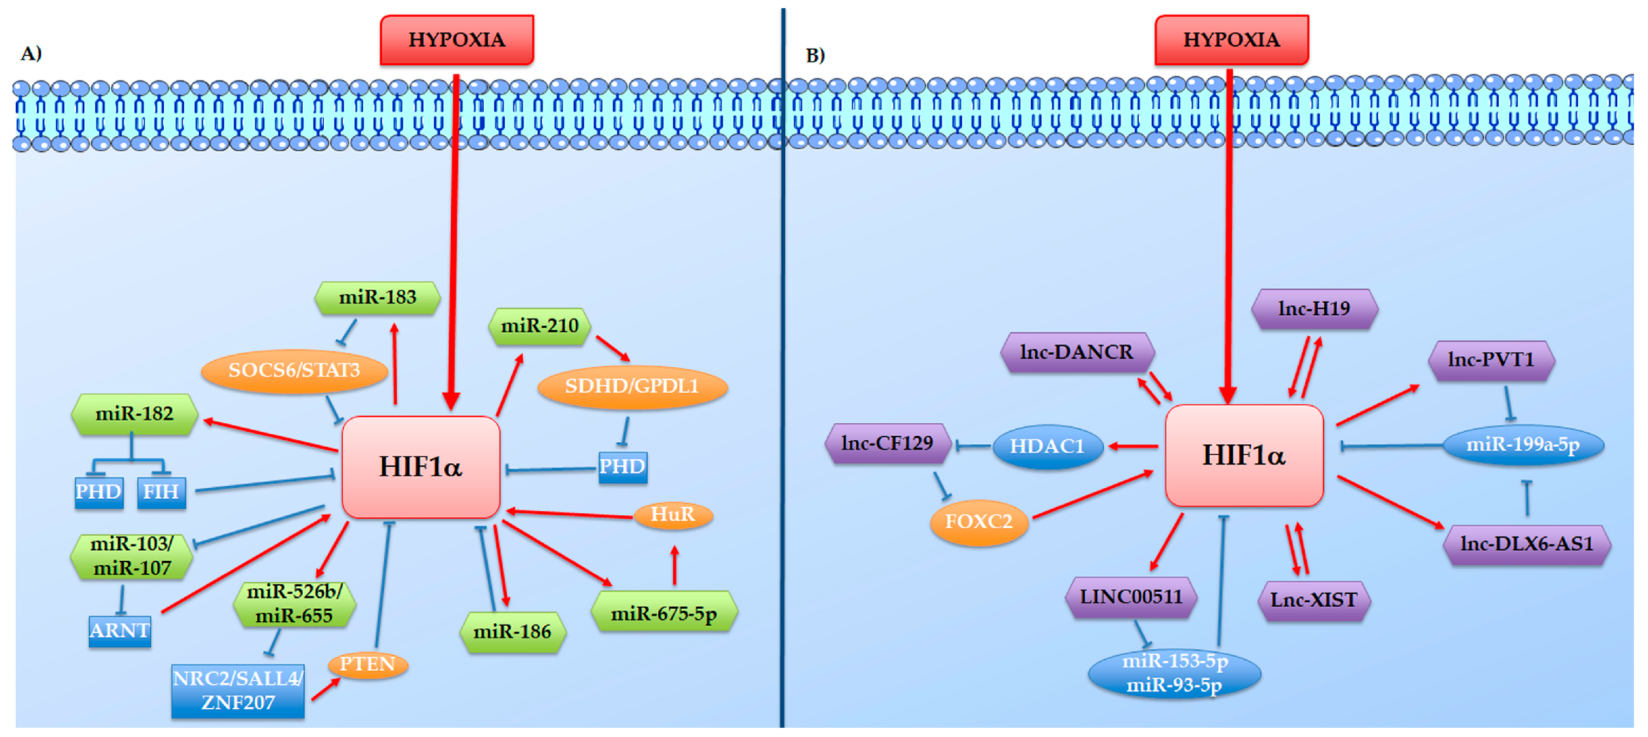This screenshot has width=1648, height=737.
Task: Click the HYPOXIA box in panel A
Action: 456,39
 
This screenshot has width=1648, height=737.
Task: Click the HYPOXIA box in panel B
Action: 1231,39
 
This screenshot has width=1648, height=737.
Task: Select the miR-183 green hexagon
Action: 377,297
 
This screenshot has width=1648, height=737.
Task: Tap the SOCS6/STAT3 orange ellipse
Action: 294,370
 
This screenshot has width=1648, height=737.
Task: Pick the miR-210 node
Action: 539,326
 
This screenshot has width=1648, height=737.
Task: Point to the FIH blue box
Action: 161,492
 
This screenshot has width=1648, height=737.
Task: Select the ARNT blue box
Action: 119,631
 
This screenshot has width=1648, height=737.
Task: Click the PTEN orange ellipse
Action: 367,664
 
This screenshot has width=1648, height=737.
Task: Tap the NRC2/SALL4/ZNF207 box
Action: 237,691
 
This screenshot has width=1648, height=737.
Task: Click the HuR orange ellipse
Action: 672,514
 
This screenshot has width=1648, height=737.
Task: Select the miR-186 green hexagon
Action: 512,632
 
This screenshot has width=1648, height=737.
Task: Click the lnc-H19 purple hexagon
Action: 1313,309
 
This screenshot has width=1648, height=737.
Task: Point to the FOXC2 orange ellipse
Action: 978,521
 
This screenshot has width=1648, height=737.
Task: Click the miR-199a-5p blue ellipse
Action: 1522,444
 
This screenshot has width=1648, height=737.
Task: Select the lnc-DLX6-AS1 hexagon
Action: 1526,544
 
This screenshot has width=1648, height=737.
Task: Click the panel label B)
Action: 815,56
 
